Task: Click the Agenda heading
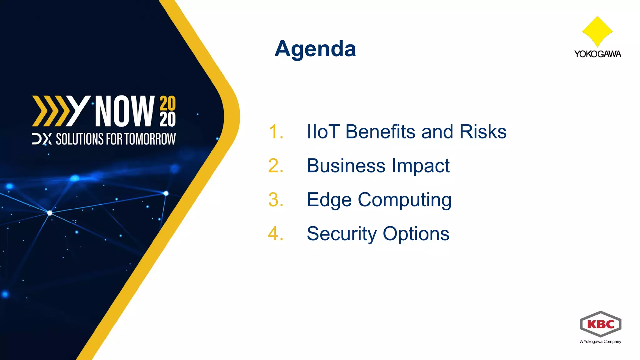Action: coord(315,49)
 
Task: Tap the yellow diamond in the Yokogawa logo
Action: coord(597,31)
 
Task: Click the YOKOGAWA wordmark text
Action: coord(597,54)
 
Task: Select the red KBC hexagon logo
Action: coord(600,324)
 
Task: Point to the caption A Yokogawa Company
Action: coord(600,342)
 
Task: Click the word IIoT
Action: coord(323,132)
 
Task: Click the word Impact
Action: coord(420,166)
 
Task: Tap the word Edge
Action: coord(329,200)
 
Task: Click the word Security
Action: coord(342,234)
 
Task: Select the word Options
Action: coord(416,234)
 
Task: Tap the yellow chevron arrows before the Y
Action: coord(50,111)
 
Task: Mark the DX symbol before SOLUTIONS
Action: coord(42,139)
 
